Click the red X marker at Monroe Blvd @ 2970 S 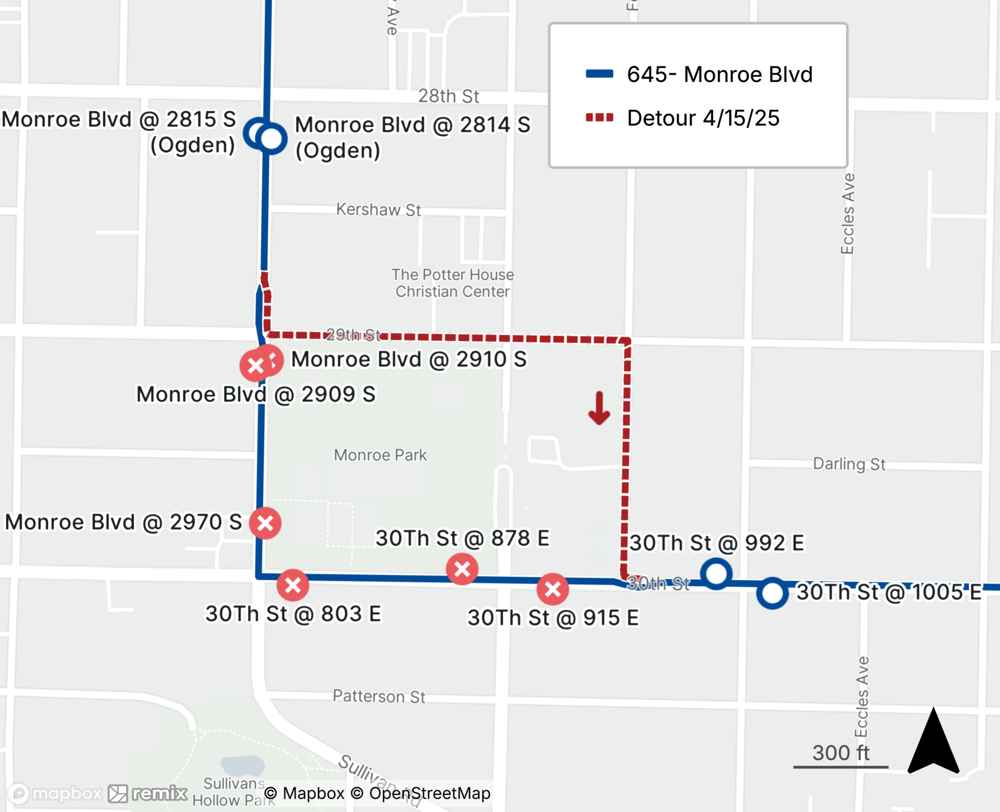(265, 523)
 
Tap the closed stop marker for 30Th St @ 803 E (292, 584)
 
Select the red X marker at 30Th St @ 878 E (462, 568)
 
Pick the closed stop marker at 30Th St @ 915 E (552, 589)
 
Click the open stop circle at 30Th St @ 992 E (716, 573)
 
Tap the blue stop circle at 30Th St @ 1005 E (772, 593)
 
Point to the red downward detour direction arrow (599, 408)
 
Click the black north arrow (933, 742)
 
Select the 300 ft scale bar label (840, 752)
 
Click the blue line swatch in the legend (599, 74)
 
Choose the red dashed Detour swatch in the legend (599, 118)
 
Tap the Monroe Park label (380, 455)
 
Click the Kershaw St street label (378, 209)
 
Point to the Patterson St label (379, 696)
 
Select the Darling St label (849, 464)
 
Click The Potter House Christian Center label (452, 283)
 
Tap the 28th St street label (448, 96)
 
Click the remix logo (148, 793)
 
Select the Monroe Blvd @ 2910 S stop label (408, 359)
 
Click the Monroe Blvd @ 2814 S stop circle (271, 138)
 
